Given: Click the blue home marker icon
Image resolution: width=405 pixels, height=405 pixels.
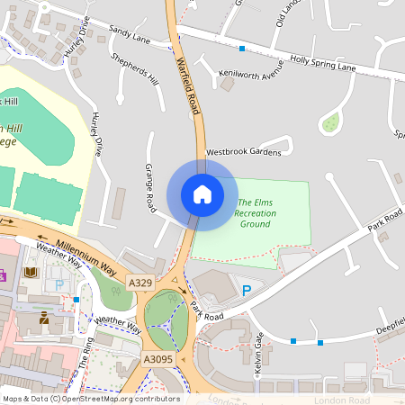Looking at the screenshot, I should click(202, 194).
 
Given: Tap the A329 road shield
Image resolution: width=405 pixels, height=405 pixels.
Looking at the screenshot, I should click(140, 283).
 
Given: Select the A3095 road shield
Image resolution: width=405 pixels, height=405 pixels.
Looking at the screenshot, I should click(159, 359).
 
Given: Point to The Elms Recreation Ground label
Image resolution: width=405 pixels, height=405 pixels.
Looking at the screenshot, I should click(256, 212).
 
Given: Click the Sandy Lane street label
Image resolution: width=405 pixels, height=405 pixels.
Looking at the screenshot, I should click(130, 34).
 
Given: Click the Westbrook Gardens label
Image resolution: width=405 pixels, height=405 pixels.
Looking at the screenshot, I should click(244, 152).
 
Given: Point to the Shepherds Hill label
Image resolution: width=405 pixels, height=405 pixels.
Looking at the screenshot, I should click(134, 69).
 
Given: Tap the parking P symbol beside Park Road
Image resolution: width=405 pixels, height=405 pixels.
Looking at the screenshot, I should click(247, 291).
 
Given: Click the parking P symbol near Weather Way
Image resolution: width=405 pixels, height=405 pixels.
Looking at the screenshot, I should click(59, 284).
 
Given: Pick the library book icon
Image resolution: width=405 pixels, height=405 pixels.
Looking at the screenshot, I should click(31, 272).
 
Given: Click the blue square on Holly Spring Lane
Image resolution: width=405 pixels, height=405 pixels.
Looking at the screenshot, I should click(241, 48).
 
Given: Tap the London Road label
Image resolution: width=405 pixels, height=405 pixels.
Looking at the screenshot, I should click(342, 400).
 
